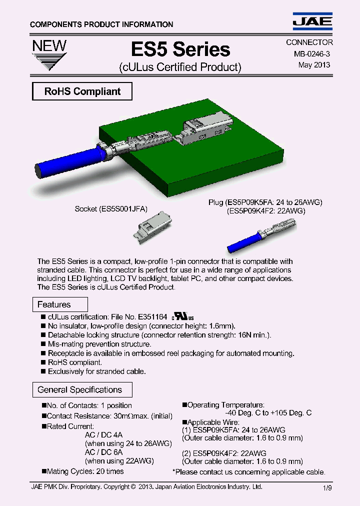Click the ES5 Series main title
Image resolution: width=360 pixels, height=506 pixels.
click(180, 49)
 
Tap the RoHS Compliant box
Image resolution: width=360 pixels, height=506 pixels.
click(82, 91)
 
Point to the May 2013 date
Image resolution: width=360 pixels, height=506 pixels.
click(314, 65)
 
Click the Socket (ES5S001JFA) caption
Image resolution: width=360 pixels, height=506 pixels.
click(111, 209)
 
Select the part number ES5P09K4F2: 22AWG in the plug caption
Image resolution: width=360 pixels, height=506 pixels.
click(266, 211)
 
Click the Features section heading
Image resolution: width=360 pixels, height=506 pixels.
click(54, 304)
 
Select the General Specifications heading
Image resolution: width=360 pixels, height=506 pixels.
click(80, 390)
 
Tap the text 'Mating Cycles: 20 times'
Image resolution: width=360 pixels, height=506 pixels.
click(85, 471)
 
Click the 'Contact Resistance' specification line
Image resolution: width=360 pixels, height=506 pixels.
click(109, 416)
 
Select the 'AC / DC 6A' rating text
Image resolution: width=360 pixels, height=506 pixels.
click(103, 452)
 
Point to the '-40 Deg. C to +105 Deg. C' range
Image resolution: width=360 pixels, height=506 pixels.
click(268, 413)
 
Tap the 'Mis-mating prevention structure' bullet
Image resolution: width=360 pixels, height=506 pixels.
click(99, 344)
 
